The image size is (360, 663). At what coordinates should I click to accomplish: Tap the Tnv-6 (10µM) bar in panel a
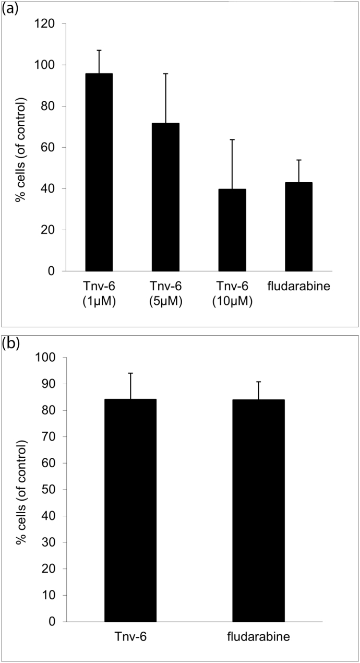tap(232, 230)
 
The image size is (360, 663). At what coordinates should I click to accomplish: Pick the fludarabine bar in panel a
tap(299, 227)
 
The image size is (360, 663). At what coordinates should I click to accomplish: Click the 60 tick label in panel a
tap(50, 148)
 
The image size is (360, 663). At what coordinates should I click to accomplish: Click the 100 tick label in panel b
tap(45, 358)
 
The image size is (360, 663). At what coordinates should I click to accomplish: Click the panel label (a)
tap(10, 9)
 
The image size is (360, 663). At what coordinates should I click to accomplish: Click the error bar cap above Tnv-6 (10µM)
tap(232, 139)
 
